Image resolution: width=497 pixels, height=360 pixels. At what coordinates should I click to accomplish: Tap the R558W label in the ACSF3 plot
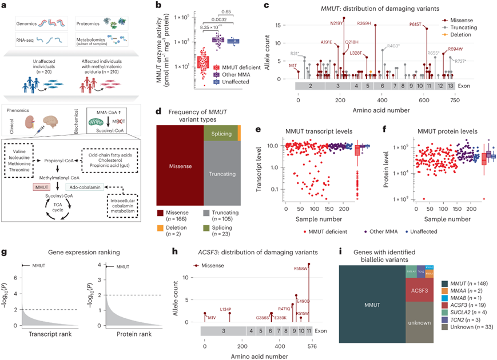pyautogui.click(x=301, y=267)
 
